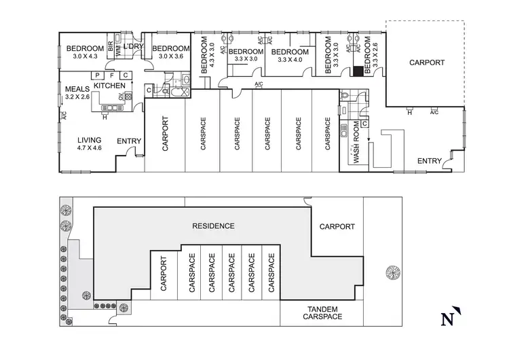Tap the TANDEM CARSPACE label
[322, 312]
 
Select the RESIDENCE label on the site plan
[213, 226]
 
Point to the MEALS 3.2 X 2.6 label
[78, 93]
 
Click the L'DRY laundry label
[133, 46]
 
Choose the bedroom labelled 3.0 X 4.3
[85, 52]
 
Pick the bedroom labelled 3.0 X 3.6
[170, 52]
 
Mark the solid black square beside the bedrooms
[357, 71]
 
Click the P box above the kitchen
[98, 75]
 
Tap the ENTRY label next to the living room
[129, 141]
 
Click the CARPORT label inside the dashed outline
[427, 62]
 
